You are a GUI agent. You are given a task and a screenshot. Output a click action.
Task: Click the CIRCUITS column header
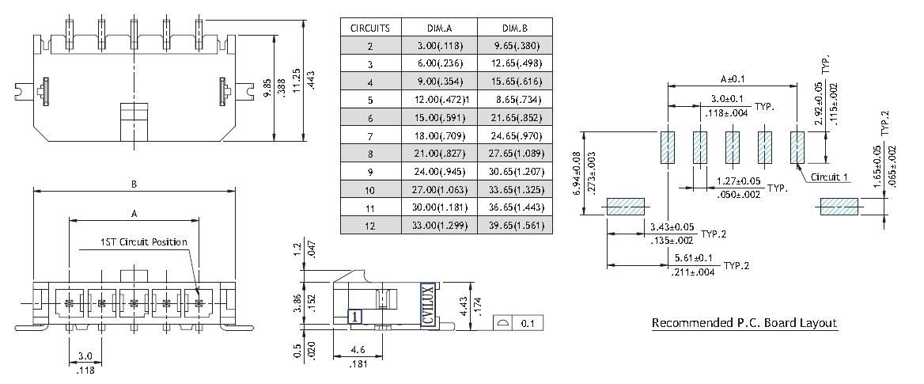point(370,28)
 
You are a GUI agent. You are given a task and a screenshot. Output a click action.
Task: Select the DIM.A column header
point(438,28)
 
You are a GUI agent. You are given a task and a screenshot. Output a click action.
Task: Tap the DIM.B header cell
point(515,28)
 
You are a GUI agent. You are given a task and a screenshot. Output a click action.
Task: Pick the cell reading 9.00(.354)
point(438,82)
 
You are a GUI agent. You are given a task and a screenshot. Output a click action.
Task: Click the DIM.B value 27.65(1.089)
point(515,153)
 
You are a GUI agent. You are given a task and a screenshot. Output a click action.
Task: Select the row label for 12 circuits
point(370,225)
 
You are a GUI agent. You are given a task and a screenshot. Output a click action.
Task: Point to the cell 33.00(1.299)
point(438,225)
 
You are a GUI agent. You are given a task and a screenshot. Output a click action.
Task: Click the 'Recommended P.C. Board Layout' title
point(744,323)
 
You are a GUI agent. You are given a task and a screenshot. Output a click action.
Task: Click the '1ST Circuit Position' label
point(144,241)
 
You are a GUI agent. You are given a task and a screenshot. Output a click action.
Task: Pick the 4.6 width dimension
point(357,349)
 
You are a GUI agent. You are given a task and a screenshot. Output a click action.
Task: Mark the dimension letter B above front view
point(134,184)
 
